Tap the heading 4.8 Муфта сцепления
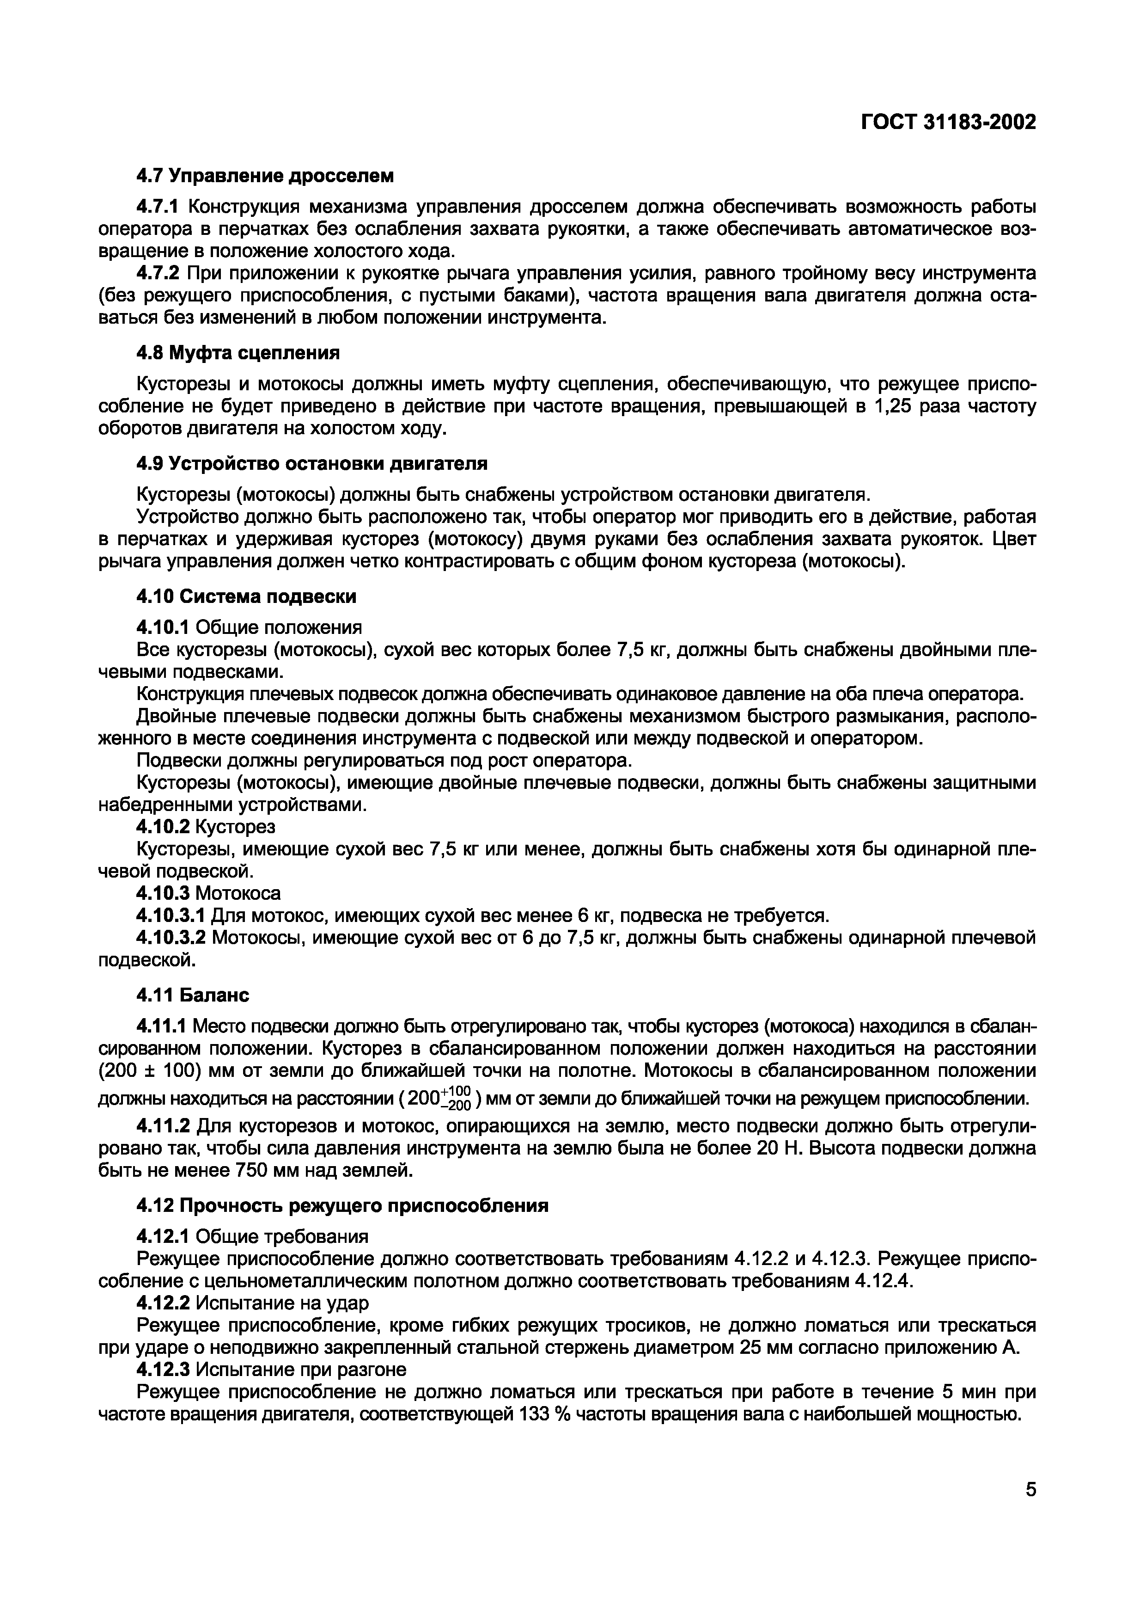(237, 352)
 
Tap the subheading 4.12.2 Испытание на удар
(252, 1302)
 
